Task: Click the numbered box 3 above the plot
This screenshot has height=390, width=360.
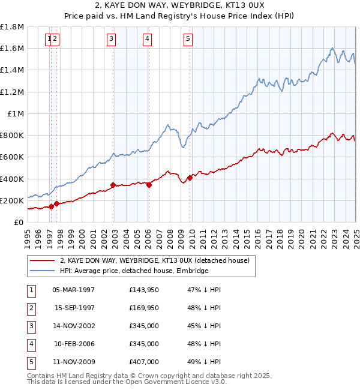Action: [x=112, y=40]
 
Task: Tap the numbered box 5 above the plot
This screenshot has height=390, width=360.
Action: [x=188, y=40]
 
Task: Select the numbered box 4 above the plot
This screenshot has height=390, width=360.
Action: [x=147, y=40]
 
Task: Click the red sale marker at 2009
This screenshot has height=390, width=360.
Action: [x=190, y=178]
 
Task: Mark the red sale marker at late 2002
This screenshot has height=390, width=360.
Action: [x=113, y=185]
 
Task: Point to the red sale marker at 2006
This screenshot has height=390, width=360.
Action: [x=149, y=185]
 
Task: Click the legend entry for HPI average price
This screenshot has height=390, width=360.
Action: [x=133, y=271]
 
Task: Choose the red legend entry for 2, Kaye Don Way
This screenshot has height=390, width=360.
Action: [x=158, y=260]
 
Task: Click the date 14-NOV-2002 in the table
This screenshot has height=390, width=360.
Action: [x=74, y=326]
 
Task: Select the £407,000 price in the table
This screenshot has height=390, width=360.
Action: [x=144, y=362]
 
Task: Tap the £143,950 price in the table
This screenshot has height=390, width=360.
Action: [x=144, y=290]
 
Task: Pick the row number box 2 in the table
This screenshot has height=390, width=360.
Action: [x=31, y=308]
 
